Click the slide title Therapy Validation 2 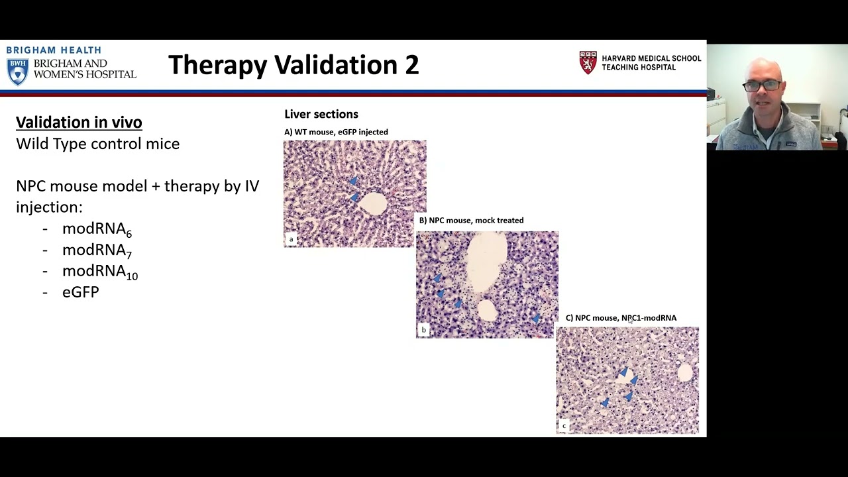point(293,65)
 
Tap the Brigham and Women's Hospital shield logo point(17,72)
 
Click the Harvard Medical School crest point(588,63)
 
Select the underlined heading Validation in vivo point(79,122)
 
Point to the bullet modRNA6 point(97,229)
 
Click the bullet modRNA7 point(97,250)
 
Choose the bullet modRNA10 point(99,272)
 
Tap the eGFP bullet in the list point(80,292)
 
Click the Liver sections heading point(321,114)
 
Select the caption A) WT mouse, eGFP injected point(336,132)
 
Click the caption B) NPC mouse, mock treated point(471,220)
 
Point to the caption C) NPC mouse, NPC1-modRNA point(621,318)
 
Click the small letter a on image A point(291,239)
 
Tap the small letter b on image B point(423,330)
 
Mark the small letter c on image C point(564,425)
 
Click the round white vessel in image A point(373,203)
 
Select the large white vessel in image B point(487,262)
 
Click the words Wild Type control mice point(97,144)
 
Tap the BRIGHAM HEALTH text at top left point(54,50)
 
